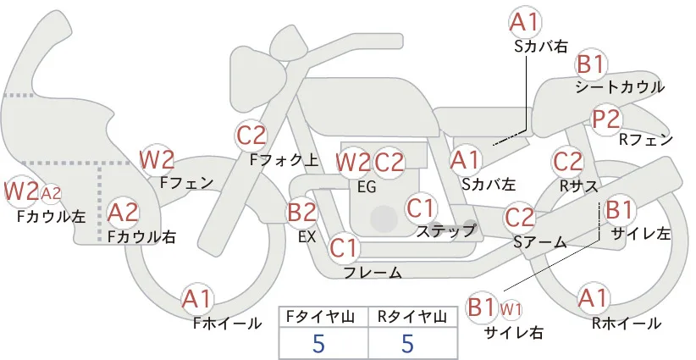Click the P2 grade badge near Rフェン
(x=606, y=119)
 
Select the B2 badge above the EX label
(x=302, y=212)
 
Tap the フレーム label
(x=373, y=272)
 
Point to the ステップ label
(x=445, y=231)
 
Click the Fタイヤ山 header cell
(x=323, y=317)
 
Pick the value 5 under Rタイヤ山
(x=407, y=343)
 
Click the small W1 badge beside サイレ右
(x=511, y=309)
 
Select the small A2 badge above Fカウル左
(x=51, y=193)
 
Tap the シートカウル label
(x=620, y=87)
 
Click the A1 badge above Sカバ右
(x=525, y=22)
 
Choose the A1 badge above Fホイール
(x=196, y=300)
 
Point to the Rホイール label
(x=627, y=324)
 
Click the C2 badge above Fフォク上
(x=251, y=136)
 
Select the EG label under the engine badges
(x=367, y=187)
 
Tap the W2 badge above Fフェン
(x=157, y=160)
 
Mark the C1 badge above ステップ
(x=421, y=208)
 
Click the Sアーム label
(x=540, y=242)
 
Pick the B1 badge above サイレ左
(x=618, y=209)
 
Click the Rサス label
(x=578, y=187)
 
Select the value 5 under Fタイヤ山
(x=318, y=343)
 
